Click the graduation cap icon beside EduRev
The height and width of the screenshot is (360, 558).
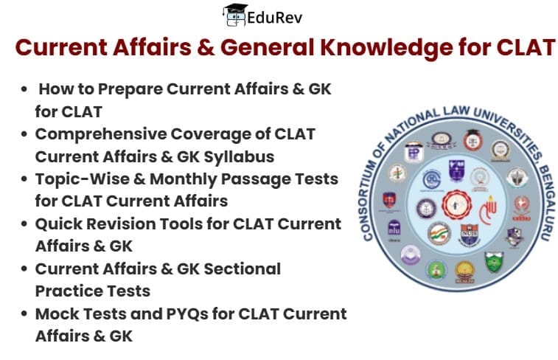click(235, 14)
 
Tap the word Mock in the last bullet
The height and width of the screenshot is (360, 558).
click(57, 313)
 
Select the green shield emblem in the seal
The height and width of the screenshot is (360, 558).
click(493, 260)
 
